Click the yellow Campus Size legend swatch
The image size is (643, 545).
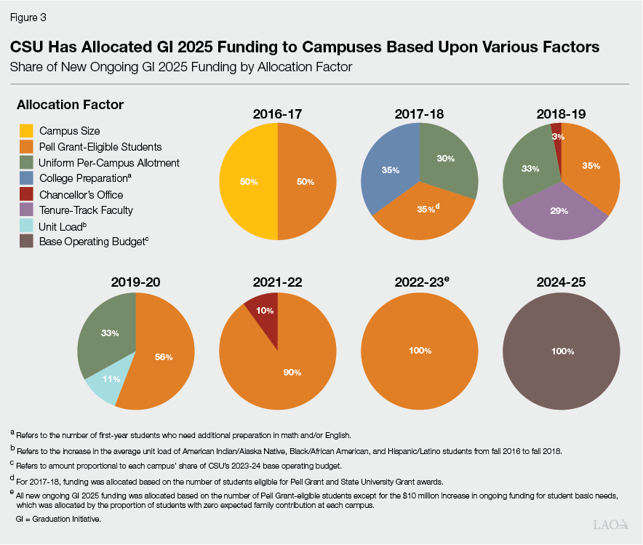point(27,131)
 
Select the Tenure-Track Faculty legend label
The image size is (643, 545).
point(86,210)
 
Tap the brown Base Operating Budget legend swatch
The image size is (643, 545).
point(27,242)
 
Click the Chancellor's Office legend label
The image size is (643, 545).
point(81,195)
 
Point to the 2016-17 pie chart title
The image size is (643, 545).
point(277,114)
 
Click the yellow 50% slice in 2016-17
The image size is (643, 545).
point(249,181)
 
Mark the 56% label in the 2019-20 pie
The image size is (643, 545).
point(163,357)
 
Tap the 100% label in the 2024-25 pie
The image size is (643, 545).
point(562,351)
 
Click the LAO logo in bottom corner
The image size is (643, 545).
point(610,524)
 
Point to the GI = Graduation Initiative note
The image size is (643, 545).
point(57,520)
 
